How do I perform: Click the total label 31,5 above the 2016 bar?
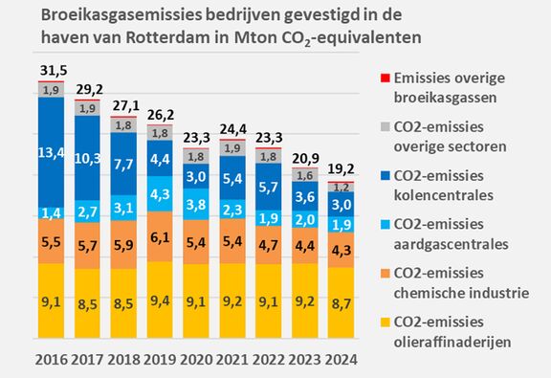click(51, 71)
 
